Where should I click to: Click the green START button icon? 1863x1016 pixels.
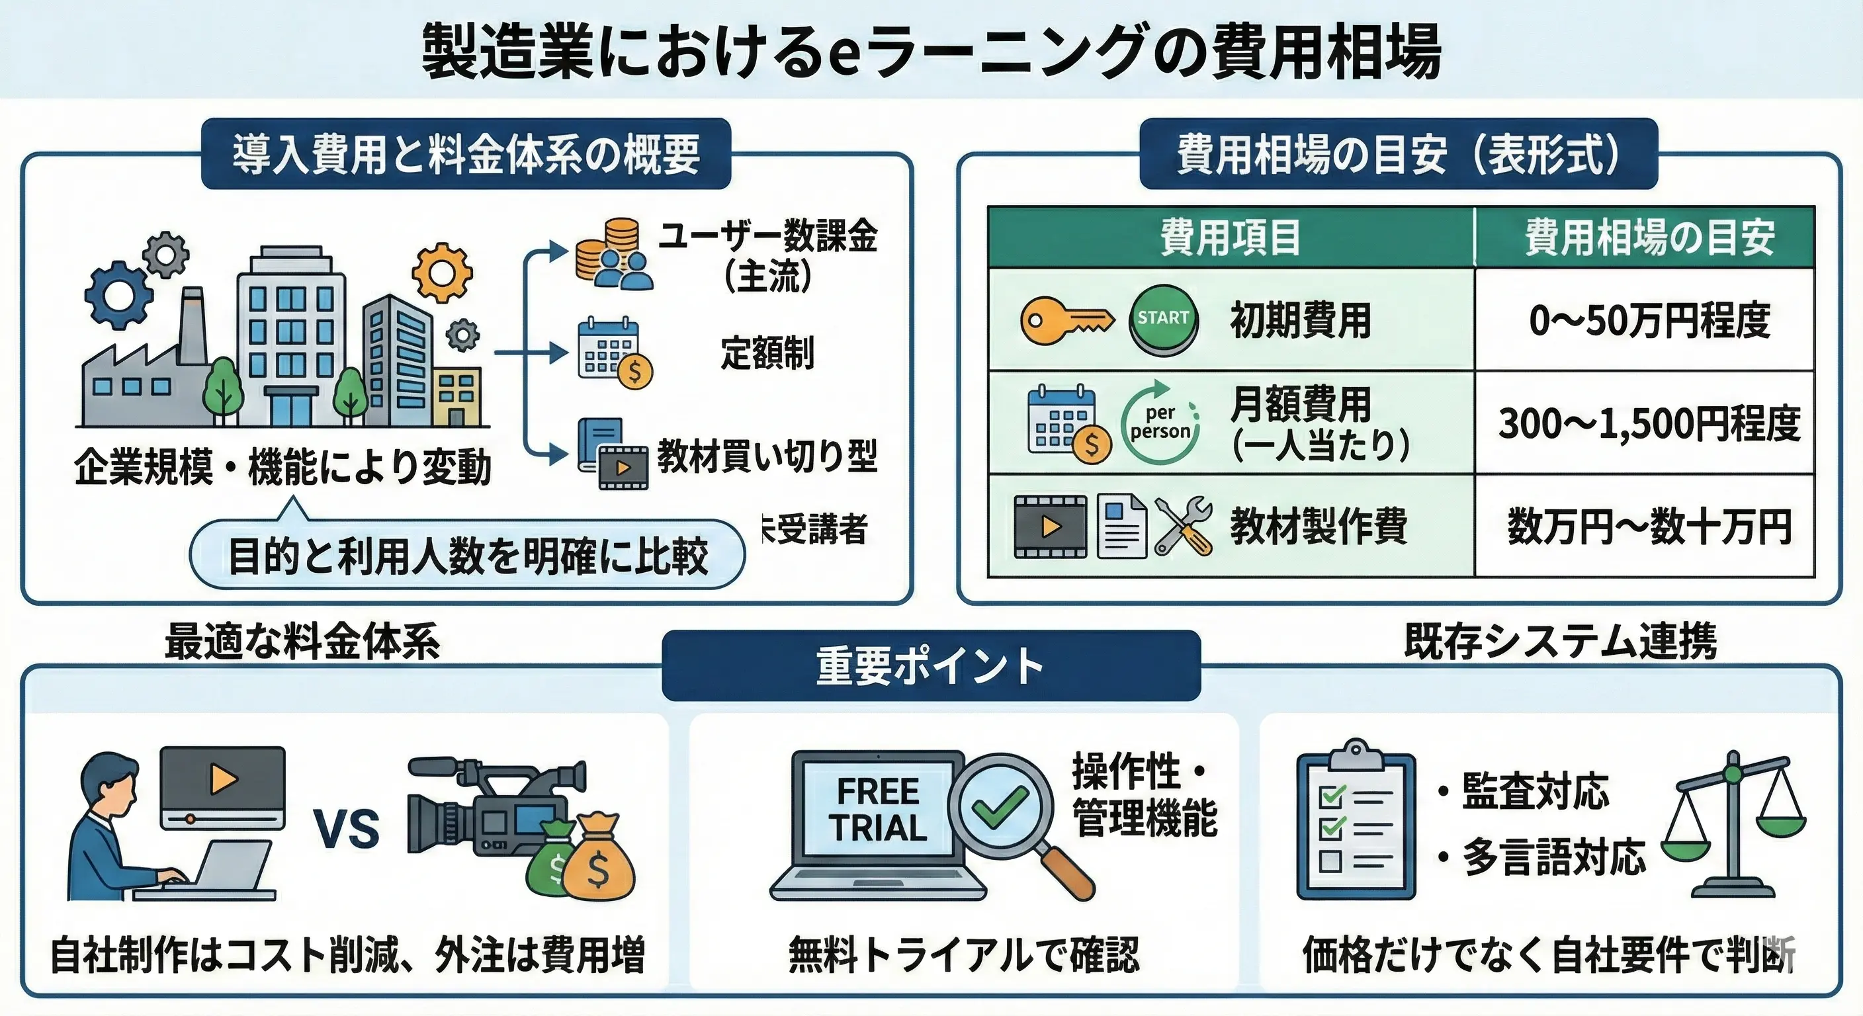click(1163, 319)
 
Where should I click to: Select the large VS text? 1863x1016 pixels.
click(347, 829)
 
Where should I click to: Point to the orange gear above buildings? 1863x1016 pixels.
click(442, 273)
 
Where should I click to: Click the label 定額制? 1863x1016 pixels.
click(767, 353)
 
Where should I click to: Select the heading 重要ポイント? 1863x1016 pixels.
click(930, 666)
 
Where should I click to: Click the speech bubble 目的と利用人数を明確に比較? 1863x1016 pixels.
click(467, 556)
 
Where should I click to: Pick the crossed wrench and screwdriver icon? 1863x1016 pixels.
click(1183, 527)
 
